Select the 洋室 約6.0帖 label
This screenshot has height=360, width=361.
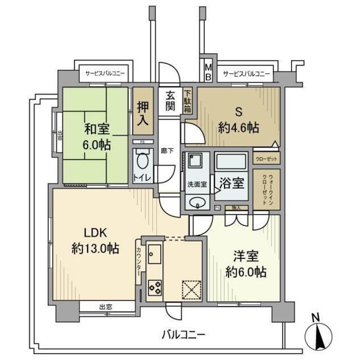(x=245, y=264)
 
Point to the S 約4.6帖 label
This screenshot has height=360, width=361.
(x=239, y=120)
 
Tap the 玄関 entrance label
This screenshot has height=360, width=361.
(x=170, y=101)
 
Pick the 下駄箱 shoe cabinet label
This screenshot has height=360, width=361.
(x=187, y=101)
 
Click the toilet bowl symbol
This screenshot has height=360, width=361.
(x=143, y=161)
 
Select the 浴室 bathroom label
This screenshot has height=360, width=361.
(x=231, y=183)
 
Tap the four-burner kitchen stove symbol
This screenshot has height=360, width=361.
(x=154, y=287)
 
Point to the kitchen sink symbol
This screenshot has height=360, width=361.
(x=154, y=255)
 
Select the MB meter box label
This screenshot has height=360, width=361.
(x=208, y=70)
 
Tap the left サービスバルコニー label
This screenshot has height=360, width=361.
(x=105, y=73)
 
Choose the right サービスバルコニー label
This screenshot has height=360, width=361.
(x=246, y=74)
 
